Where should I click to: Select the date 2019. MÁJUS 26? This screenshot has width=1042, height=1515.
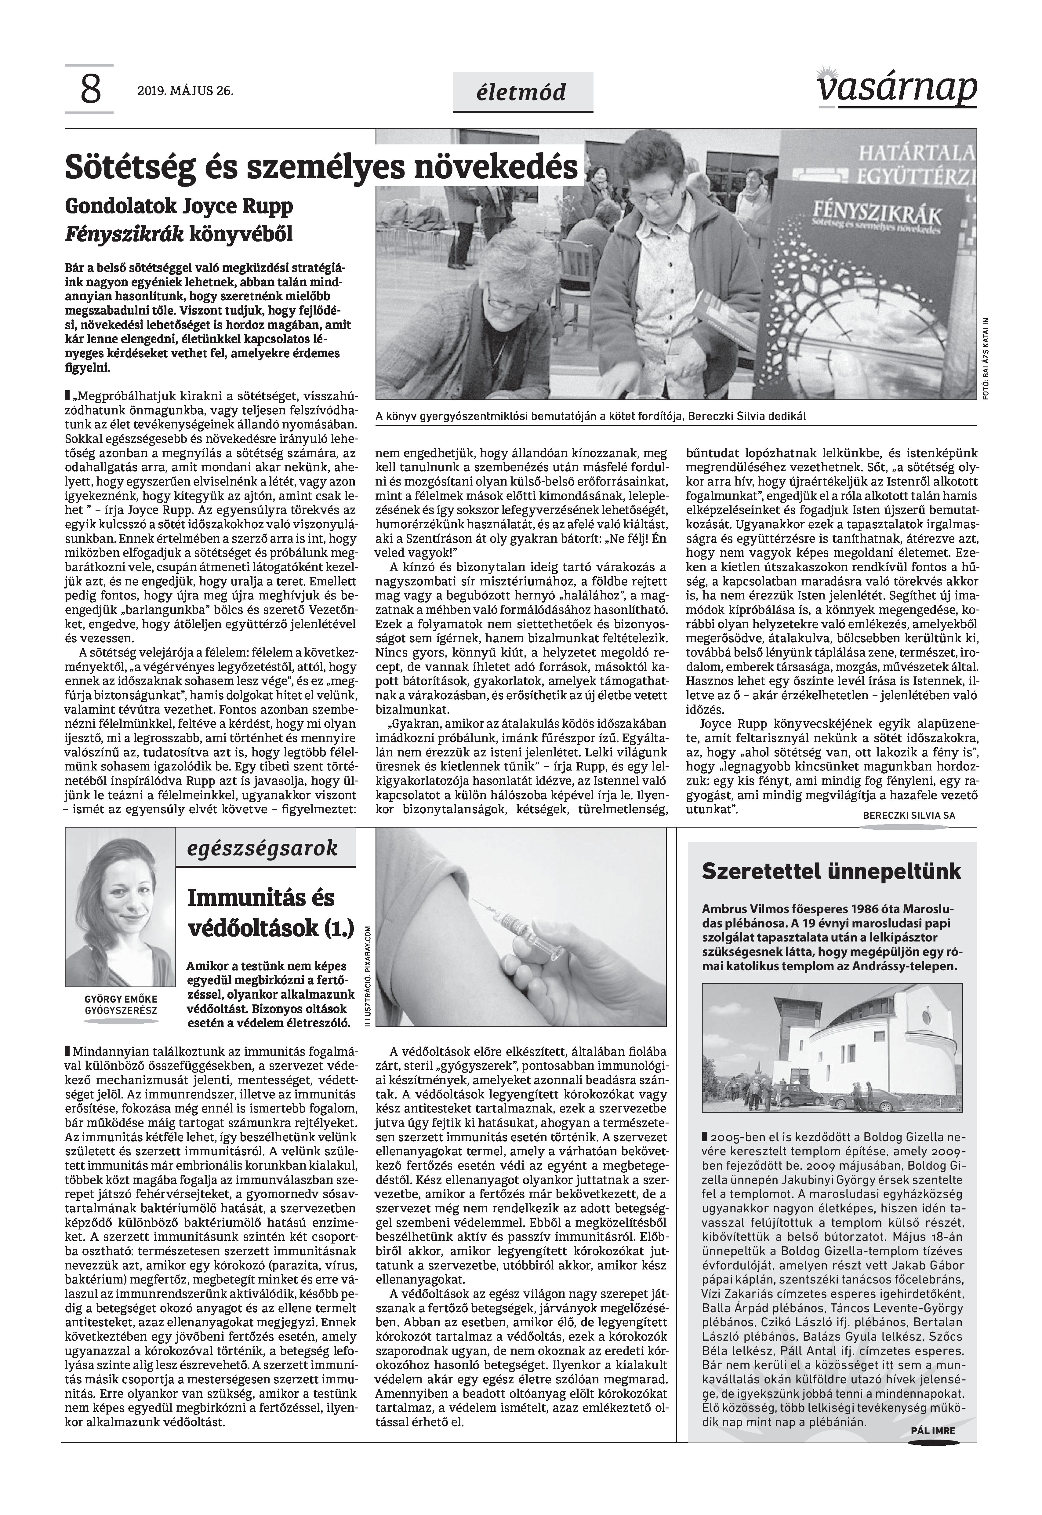click(185, 91)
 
